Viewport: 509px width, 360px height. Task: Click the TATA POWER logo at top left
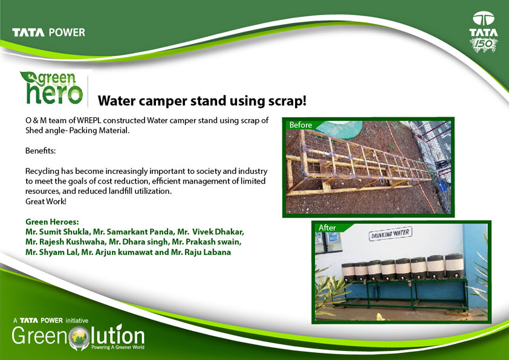coord(49,33)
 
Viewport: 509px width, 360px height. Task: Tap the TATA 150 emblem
coord(484,32)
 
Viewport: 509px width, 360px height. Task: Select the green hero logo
coord(52,88)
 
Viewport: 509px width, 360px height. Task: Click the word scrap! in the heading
coord(287,101)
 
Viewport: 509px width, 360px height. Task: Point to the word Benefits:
coord(41,151)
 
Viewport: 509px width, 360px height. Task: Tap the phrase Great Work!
coord(46,201)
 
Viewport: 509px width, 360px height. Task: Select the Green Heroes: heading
coord(52,222)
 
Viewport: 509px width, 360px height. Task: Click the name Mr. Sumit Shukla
coord(57,232)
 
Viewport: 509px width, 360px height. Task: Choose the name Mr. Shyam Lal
coord(51,252)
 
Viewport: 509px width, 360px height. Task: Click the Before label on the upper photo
coord(300,125)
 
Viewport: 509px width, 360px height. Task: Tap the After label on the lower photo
coord(327,228)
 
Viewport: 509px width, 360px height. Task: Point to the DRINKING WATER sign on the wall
coord(390,234)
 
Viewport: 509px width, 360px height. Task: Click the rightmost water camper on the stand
coord(454,266)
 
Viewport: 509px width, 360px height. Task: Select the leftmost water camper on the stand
coord(349,272)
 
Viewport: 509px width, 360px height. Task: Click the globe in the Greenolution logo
coord(79,337)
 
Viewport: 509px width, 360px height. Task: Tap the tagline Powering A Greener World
coord(118,347)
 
